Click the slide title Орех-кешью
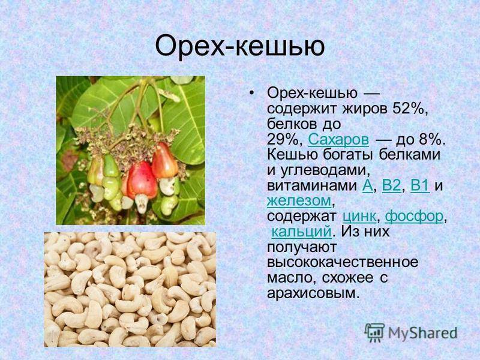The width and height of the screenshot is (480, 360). click(x=239, y=47)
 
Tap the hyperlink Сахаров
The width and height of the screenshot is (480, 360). click(x=338, y=140)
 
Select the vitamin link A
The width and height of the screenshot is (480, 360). click(x=367, y=186)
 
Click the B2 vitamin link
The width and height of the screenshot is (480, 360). click(x=391, y=186)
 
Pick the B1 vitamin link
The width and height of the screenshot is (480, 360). click(x=420, y=186)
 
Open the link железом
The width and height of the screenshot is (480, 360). click(x=299, y=201)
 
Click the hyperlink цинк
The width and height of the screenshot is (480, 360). click(x=359, y=217)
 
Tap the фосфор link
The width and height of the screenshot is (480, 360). click(x=414, y=217)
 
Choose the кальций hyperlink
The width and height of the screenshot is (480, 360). click(x=301, y=232)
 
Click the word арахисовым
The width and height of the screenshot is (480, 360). click(x=313, y=293)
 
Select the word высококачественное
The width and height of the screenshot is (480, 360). click(x=343, y=262)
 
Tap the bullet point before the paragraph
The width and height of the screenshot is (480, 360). click(x=252, y=93)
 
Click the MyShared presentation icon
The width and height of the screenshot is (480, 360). click(x=374, y=333)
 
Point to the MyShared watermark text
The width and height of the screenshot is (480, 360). click(x=422, y=333)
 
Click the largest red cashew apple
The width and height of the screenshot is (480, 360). click(x=142, y=181)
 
